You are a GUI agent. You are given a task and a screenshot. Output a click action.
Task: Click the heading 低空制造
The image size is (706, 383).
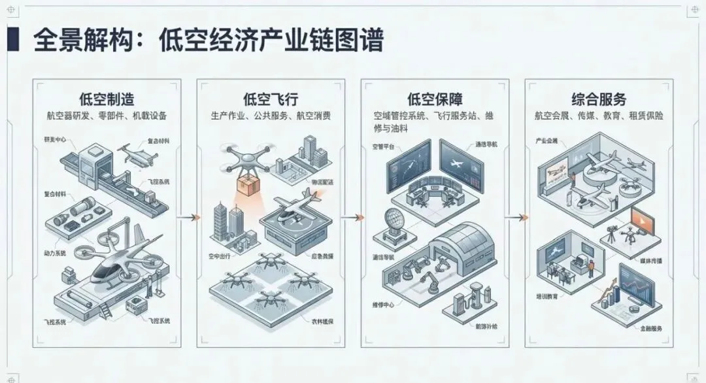click(x=107, y=99)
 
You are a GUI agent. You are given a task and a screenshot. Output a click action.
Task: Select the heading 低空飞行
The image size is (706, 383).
click(x=271, y=99)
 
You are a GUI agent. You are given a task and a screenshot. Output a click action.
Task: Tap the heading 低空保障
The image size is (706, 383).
click(x=435, y=99)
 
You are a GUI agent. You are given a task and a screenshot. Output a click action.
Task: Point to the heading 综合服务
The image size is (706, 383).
click(x=599, y=99)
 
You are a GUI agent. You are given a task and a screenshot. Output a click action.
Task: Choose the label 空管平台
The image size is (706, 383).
click(x=384, y=145)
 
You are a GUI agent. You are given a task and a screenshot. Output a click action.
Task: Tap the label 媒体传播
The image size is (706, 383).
click(x=649, y=261)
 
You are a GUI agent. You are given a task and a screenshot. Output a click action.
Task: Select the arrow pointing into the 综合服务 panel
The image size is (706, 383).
click(x=517, y=218)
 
